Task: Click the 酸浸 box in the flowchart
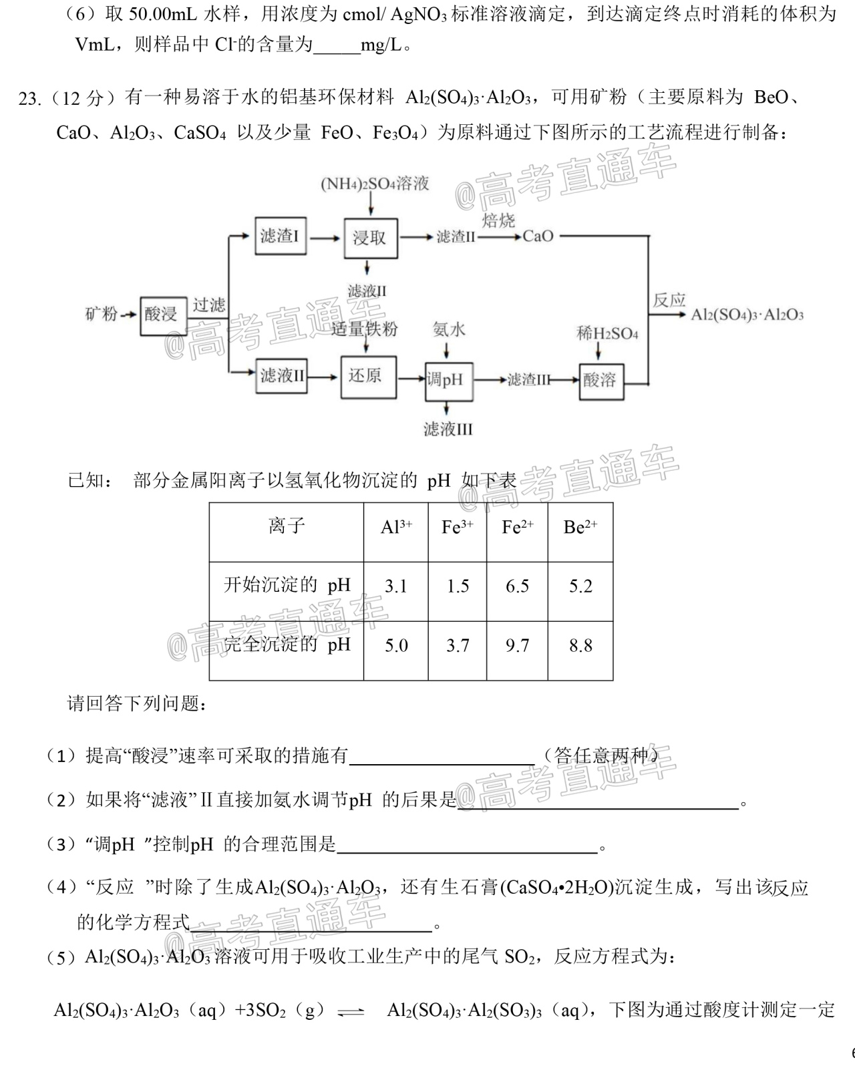coord(164,316)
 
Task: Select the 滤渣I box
coord(281,236)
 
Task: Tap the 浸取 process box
coord(371,238)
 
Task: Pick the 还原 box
coord(369,377)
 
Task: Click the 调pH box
coord(449,381)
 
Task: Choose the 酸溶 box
coord(601,381)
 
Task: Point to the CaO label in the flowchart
coord(538,236)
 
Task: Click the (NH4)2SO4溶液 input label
coord(375,184)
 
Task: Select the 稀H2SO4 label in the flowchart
coord(607,333)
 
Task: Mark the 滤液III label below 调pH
coord(448,429)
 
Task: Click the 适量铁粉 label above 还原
coord(365,329)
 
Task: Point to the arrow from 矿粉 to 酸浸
coord(128,315)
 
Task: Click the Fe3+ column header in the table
coord(457,526)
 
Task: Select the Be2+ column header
coord(580,526)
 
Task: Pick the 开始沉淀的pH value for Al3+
coord(396,586)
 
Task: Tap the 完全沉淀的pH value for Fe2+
coord(517,645)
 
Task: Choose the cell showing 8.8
coord(580,645)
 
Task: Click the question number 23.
coord(29,99)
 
